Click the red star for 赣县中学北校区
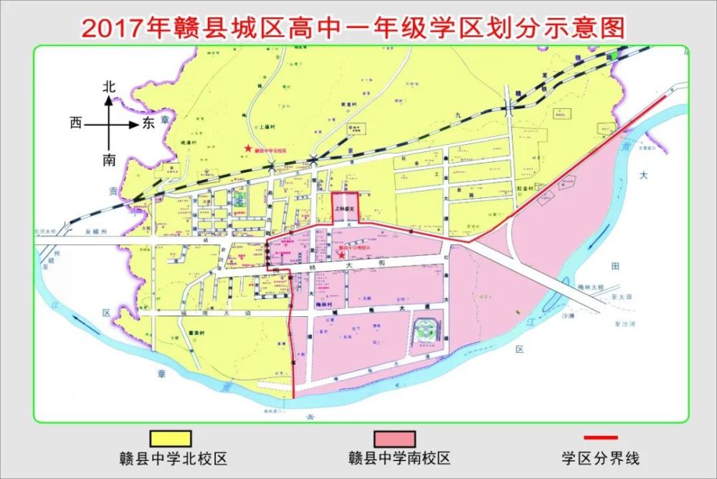[248, 148]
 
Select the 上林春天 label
[345, 209]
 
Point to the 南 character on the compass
[109, 159]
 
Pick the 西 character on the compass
[76, 123]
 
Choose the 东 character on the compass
[148, 123]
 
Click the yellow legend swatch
[170, 437]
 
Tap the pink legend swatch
[394, 437]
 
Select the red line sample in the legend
[601, 437]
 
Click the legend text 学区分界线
[601, 457]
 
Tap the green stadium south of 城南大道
[427, 334]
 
